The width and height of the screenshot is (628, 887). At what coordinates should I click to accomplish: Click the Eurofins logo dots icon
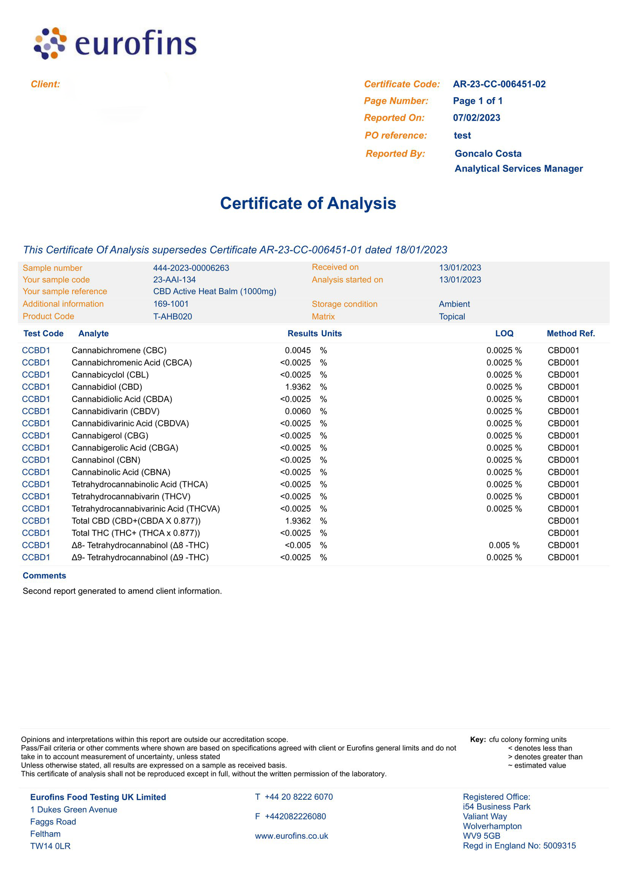point(50,43)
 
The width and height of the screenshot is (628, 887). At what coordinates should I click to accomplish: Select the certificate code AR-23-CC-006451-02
point(499,84)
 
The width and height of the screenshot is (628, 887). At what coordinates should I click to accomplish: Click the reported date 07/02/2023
point(476,118)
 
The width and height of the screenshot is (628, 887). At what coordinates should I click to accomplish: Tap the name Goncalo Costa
point(488,154)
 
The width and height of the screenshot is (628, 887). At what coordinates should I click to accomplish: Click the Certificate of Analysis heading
point(308,203)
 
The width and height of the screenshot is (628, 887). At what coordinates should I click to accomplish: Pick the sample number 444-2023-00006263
point(191,268)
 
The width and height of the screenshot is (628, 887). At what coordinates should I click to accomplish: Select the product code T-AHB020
point(173,317)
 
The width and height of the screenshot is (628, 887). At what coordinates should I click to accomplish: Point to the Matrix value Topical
point(452,317)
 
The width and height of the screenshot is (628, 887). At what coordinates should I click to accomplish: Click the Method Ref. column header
point(570,333)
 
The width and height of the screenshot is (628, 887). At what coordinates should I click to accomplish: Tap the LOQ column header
point(504,333)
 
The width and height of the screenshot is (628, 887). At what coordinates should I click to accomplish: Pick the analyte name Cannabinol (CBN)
point(106,460)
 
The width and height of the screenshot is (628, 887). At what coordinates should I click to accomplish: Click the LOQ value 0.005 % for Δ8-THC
point(504,545)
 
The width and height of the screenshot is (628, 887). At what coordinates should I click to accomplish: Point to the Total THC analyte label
point(136,533)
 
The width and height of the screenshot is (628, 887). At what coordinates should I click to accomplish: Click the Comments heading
point(44,576)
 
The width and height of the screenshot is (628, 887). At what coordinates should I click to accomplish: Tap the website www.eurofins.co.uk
point(291,836)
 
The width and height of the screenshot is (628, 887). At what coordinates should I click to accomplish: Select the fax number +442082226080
point(295,816)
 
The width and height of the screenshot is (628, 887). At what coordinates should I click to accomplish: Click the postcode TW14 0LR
point(50,846)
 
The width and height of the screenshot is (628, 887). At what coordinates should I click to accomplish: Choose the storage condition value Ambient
point(454,304)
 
